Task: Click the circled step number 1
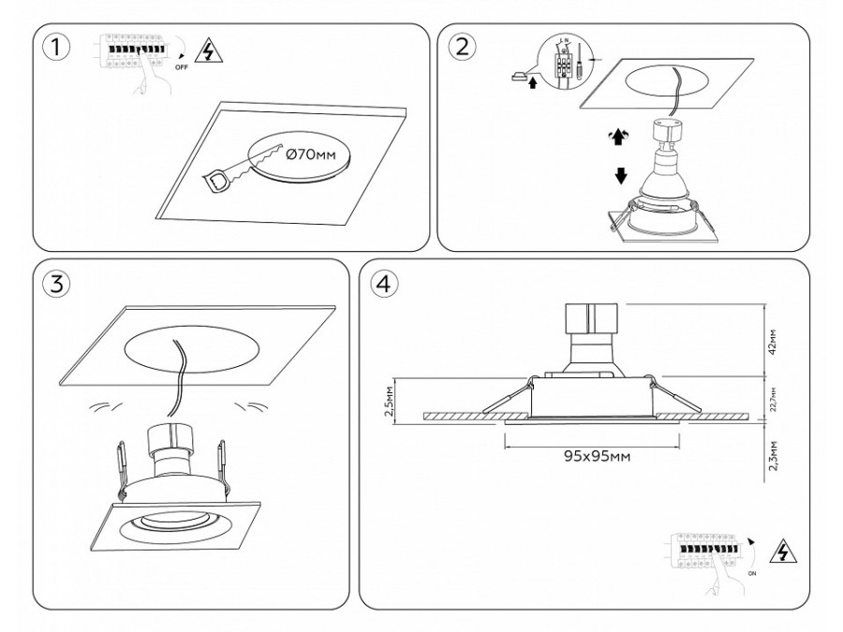(57, 48)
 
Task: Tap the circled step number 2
(460, 48)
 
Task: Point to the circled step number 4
(383, 284)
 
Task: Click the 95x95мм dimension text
(596, 456)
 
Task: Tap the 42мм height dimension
(773, 341)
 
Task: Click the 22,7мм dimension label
(773, 398)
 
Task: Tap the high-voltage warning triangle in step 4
(779, 551)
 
